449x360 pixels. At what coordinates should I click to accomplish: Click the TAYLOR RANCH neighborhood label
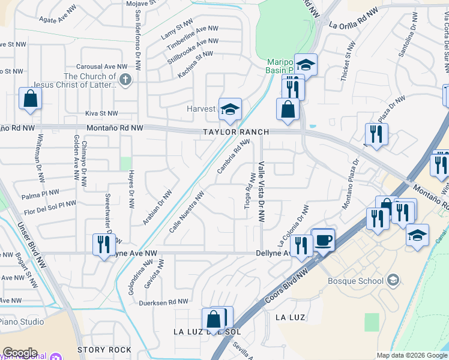tap(235, 132)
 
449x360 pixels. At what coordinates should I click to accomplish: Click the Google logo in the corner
tap(20, 353)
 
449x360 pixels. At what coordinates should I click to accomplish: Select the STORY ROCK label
tap(104, 350)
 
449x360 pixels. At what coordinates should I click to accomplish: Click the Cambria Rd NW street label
tap(234, 157)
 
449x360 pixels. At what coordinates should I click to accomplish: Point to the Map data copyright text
tap(411, 355)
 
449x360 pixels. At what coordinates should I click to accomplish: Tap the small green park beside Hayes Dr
tap(125, 163)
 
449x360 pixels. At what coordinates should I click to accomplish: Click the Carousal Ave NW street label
tap(101, 67)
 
